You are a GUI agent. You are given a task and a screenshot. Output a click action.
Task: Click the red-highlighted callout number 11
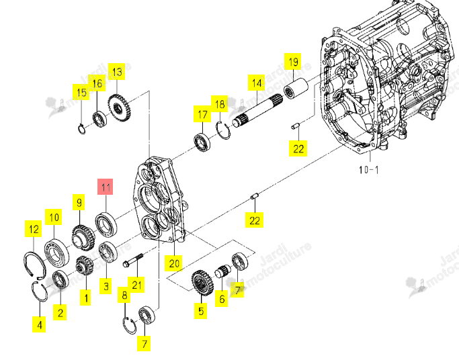click(x=106, y=187)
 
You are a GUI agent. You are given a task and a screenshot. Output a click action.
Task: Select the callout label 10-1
click(x=369, y=170)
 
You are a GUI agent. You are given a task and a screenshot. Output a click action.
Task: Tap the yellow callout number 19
click(x=293, y=62)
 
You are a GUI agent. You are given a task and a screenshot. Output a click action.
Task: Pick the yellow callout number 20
click(x=174, y=263)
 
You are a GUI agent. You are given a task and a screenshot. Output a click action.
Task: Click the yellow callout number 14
click(x=257, y=83)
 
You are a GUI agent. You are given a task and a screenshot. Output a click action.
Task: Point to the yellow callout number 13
click(x=117, y=72)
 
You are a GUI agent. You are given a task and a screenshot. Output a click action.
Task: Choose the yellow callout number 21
click(x=136, y=285)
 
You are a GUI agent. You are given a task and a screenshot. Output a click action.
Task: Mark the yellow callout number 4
click(x=39, y=324)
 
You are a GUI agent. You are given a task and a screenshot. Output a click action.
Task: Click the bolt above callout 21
click(x=133, y=261)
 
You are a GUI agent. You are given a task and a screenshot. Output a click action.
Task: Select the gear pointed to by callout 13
click(x=119, y=107)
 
